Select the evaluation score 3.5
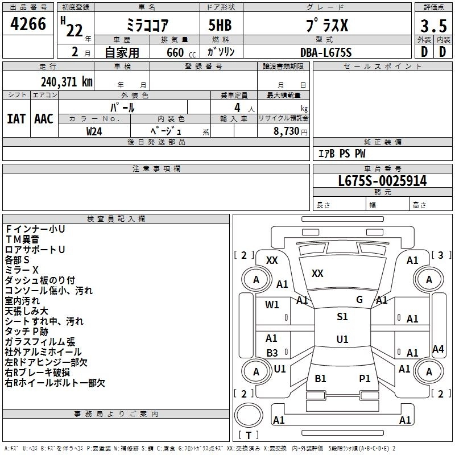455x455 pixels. click(433, 26)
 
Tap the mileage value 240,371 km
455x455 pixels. click(67, 81)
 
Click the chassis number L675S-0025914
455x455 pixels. click(382, 181)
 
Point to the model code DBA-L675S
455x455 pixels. click(326, 52)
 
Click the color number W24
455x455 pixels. click(94, 131)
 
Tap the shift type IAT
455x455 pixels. click(16, 119)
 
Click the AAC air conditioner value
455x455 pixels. click(43, 119)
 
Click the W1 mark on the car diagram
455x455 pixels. click(272, 305)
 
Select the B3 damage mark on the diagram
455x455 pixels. click(272, 353)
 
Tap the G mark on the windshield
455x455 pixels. click(359, 300)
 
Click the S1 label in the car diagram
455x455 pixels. click(342, 317)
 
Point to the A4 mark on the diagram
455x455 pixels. click(438, 349)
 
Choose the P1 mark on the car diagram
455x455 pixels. click(365, 378)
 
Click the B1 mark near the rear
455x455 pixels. click(320, 378)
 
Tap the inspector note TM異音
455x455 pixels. click(22, 239)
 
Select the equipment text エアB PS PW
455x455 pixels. click(342, 154)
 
